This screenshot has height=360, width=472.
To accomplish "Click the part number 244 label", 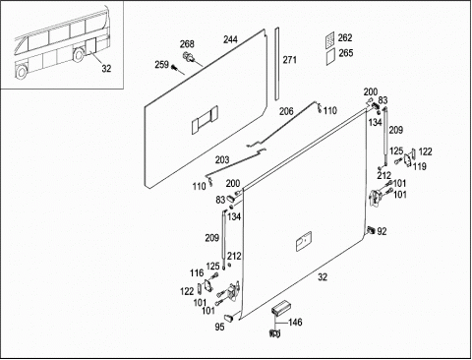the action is pyautogui.click(x=231, y=39).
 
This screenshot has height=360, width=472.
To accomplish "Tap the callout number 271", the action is pyautogui.click(x=290, y=60).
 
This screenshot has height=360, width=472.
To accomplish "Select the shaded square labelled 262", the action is pyautogui.click(x=330, y=40).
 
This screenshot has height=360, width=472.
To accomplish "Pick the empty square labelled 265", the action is pyautogui.click(x=331, y=57).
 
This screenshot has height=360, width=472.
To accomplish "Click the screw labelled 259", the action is pyautogui.click(x=174, y=67).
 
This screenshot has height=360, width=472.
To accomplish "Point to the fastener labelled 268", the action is pyautogui.click(x=189, y=56).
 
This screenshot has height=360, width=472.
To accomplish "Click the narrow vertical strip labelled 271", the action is pyautogui.click(x=277, y=64).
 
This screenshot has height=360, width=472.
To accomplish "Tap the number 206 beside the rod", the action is pyautogui.click(x=286, y=111).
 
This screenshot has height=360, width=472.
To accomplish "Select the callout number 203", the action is pyautogui.click(x=222, y=160).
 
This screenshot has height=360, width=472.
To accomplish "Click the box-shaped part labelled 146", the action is pyautogui.click(x=280, y=308).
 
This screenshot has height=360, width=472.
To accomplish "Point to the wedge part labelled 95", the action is pyautogui.click(x=229, y=317).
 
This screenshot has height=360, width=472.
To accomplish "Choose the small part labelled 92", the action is pyautogui.click(x=372, y=229).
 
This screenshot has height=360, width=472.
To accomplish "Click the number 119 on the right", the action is pyautogui.click(x=420, y=166).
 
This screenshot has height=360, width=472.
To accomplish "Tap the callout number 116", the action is pyautogui.click(x=197, y=272).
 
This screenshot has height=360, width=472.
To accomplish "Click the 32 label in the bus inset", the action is pyautogui.click(x=106, y=69).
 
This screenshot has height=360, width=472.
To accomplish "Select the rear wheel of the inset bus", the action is pyautogui.click(x=79, y=55).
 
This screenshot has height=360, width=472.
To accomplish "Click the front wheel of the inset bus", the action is pyautogui.click(x=22, y=72).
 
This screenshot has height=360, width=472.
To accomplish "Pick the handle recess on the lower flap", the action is pyautogui.click(x=304, y=241).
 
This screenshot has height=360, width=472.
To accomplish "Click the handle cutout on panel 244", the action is pyautogui.click(x=205, y=120).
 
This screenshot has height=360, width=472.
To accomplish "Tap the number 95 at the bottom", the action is pyautogui.click(x=219, y=327).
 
